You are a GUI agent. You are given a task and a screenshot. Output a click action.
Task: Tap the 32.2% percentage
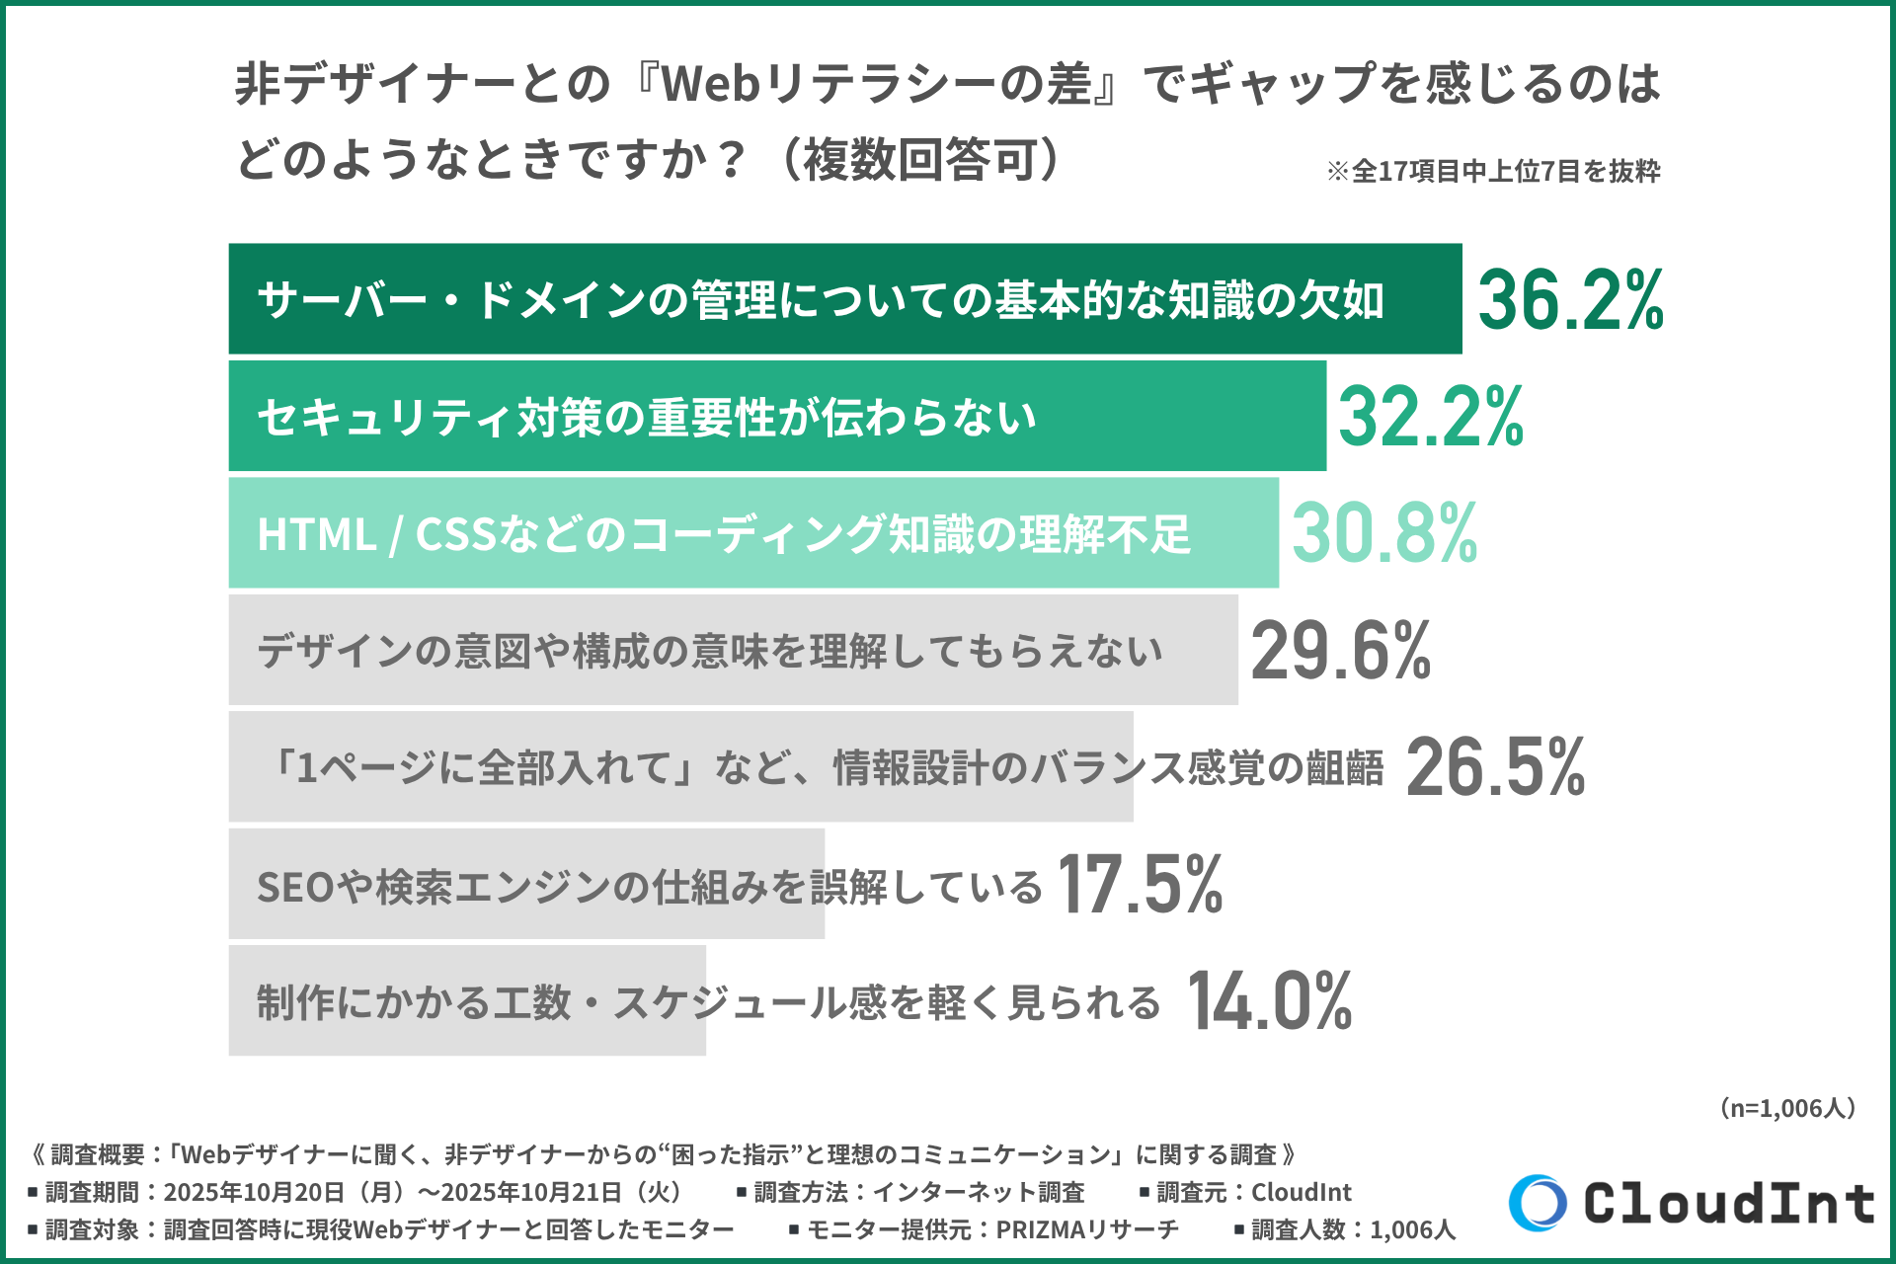[1431, 417]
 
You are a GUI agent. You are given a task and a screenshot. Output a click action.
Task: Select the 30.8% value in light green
[1384, 533]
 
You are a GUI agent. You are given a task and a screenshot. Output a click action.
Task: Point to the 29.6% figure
[1341, 651]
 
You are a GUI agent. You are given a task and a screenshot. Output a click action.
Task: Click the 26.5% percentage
[1495, 767]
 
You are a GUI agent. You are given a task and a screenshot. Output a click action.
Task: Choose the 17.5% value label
[1140, 885]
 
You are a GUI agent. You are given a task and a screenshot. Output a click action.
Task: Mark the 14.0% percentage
[1270, 1001]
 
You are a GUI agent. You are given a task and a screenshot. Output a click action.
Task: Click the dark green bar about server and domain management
[844, 299]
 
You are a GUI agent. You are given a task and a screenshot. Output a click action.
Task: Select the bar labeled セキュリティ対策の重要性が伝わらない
[776, 417]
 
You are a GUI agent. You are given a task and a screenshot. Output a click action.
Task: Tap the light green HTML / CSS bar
[752, 533]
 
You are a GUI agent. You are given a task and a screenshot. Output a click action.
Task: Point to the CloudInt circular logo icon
[1538, 1203]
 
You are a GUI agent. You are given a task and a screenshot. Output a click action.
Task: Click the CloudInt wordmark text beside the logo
[1728, 1204]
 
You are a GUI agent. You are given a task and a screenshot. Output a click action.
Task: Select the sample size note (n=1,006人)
[1787, 1108]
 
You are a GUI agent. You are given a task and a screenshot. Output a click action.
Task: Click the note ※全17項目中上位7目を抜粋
[1493, 172]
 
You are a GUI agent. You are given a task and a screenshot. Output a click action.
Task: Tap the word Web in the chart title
[709, 84]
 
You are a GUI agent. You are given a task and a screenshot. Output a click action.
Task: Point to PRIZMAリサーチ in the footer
[1086, 1229]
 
